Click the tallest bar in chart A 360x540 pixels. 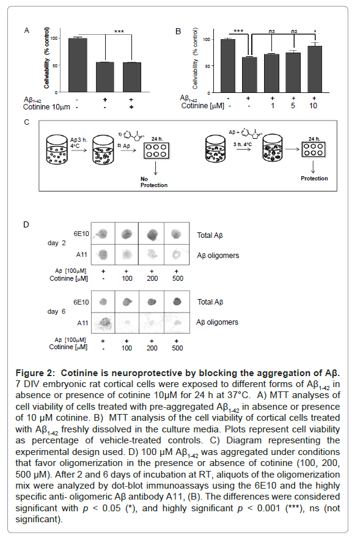click(78, 65)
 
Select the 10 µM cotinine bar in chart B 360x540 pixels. click(315, 69)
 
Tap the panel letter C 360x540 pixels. click(26, 122)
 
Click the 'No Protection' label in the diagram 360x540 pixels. click(154, 182)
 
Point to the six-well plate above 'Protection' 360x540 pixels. click(314, 149)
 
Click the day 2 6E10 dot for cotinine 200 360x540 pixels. click(152, 234)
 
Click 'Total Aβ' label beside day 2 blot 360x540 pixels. click(210, 235)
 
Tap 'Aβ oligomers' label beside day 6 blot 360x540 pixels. click(217, 322)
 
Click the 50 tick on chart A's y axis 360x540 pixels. click(54, 65)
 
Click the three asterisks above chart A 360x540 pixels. click(119, 32)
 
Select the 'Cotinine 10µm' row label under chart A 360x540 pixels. click(46, 107)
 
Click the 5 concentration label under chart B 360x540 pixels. click(293, 106)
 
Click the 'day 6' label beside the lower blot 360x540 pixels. click(56, 311)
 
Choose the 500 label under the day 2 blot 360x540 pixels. click(178, 278)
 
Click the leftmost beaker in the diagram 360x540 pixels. click(57, 149)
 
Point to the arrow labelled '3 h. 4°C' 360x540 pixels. click(243, 149)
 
